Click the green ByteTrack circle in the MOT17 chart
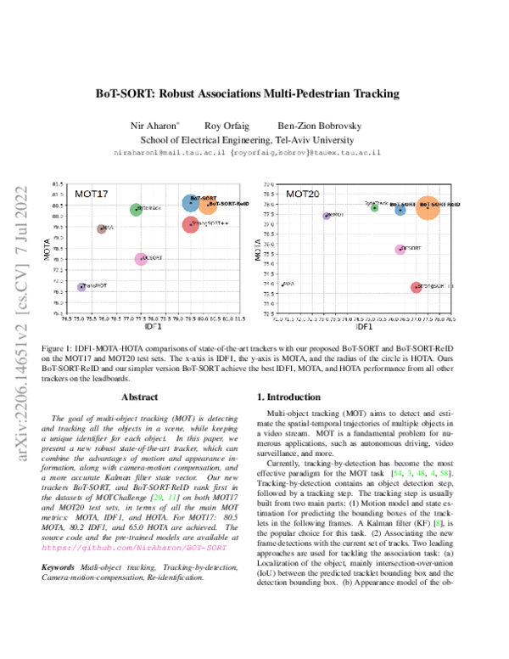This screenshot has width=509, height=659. (x=136, y=210)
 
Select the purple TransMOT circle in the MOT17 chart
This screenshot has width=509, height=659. (x=81, y=287)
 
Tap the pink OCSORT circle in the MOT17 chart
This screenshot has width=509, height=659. (x=141, y=258)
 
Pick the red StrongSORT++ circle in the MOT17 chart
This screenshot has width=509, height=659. (x=190, y=224)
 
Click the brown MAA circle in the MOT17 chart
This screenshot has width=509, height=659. (x=102, y=228)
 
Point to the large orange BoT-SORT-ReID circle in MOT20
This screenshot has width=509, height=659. (x=428, y=206)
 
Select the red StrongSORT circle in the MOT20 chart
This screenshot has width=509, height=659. (x=416, y=288)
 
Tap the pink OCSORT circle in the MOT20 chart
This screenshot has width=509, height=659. (x=400, y=249)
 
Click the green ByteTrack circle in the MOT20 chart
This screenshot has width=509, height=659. (x=374, y=207)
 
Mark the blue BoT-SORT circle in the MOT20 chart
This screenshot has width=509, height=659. (x=400, y=209)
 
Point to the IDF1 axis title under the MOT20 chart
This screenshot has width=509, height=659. (x=365, y=326)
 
